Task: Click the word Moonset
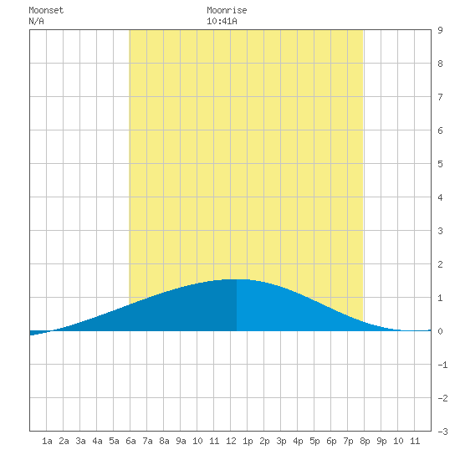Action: pyautogui.click(x=46, y=10)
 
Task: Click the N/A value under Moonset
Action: pyautogui.click(x=36, y=21)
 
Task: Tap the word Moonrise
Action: pyautogui.click(x=227, y=10)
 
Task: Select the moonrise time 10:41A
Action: pyautogui.click(x=222, y=21)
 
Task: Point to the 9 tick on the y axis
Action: pyautogui.click(x=440, y=30)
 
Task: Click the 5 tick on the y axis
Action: pyautogui.click(x=440, y=164)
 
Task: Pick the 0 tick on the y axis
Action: pyautogui.click(x=440, y=331)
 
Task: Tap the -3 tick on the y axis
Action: pyautogui.click(x=442, y=432)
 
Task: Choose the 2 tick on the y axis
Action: pyautogui.click(x=440, y=264)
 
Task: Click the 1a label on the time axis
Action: pyautogui.click(x=47, y=441)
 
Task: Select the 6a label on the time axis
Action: pyautogui.click(x=130, y=441)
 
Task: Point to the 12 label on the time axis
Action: pyautogui.click(x=231, y=441)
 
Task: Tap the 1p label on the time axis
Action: pyautogui.click(x=248, y=441)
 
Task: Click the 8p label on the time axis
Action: pyautogui.click(x=365, y=441)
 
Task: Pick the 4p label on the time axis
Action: pyautogui.click(x=298, y=441)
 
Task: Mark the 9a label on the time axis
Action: pyautogui.click(x=181, y=441)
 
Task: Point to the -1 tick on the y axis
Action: pyautogui.click(x=442, y=365)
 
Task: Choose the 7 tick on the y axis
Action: pyautogui.click(x=440, y=97)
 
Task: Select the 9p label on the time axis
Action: pyautogui.click(x=381, y=441)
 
